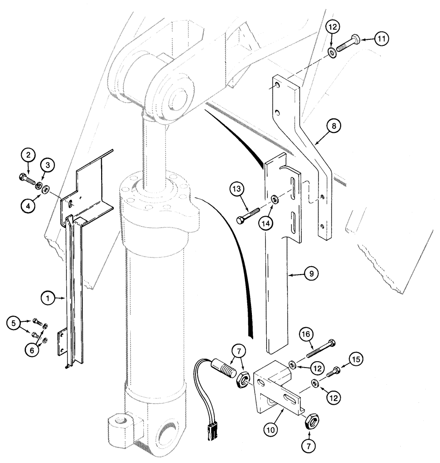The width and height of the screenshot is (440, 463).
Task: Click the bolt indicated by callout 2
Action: tap(28, 177)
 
